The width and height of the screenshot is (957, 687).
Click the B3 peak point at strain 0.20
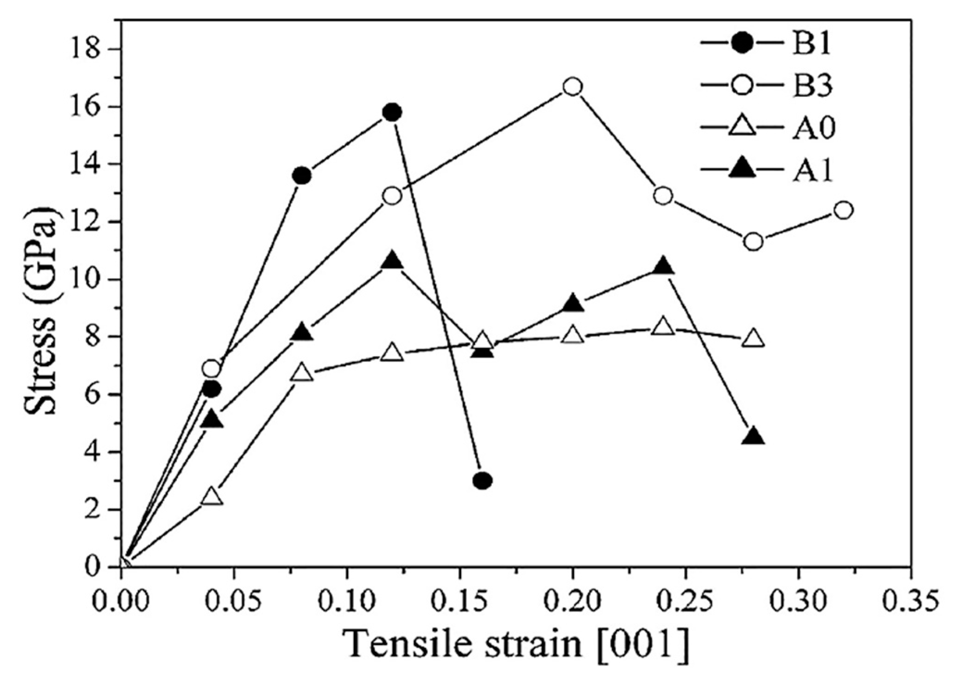(x=572, y=87)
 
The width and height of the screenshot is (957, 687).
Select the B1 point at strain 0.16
(x=482, y=481)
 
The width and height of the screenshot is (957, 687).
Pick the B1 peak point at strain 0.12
(x=392, y=112)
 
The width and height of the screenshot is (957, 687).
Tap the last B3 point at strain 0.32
(x=844, y=210)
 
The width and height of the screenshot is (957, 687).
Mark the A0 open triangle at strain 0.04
(x=212, y=497)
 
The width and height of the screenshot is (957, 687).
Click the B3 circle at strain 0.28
(x=753, y=242)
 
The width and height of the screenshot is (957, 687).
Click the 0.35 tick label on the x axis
(x=910, y=601)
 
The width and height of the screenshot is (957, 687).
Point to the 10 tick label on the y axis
(x=95, y=280)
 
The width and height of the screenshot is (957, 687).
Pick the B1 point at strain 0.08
(x=302, y=176)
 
